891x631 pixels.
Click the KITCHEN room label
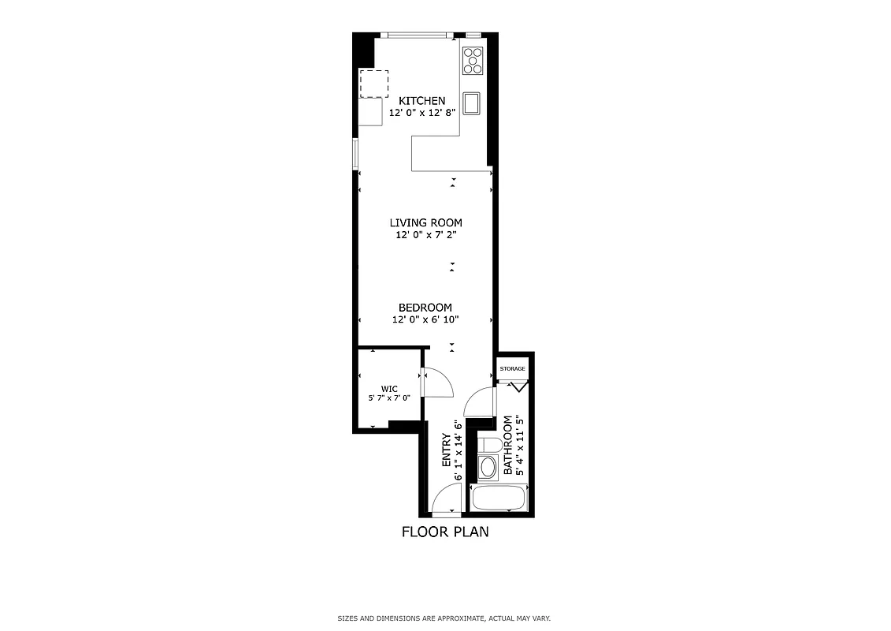click(422, 101)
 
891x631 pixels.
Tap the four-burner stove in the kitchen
click(473, 61)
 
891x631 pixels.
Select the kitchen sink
click(473, 103)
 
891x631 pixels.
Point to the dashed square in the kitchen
click(374, 83)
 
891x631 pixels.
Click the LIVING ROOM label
click(425, 222)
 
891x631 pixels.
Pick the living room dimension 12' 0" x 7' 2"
click(425, 235)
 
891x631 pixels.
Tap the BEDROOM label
click(425, 308)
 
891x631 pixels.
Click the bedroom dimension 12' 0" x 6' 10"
click(425, 319)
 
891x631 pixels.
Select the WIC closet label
click(389, 388)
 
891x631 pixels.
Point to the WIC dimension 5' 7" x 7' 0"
click(389, 398)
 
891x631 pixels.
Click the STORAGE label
click(512, 368)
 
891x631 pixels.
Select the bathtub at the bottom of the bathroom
click(498, 498)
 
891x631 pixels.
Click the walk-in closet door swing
click(437, 383)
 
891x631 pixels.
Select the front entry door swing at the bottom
click(447, 499)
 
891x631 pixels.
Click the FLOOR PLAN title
click(445, 532)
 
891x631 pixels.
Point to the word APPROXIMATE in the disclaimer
click(461, 618)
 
